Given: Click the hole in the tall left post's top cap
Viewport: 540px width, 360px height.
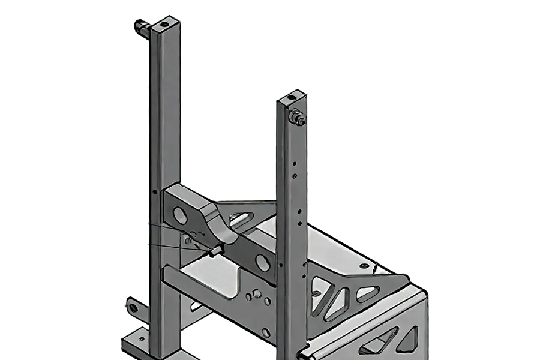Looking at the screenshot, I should [163, 26].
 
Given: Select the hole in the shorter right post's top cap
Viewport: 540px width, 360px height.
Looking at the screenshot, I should [291, 97].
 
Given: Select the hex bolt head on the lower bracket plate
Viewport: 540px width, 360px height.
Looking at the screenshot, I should [256, 294].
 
